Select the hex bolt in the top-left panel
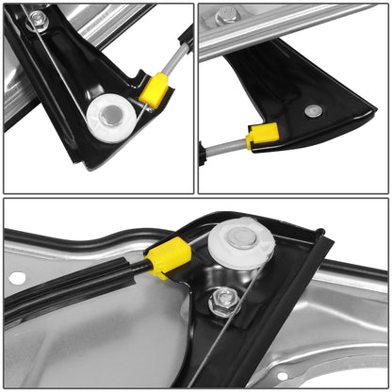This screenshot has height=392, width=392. [37, 19]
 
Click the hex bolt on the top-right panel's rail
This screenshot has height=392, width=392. [227, 15]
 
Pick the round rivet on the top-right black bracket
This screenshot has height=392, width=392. [314, 111]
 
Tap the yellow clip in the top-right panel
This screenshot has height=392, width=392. [261, 138]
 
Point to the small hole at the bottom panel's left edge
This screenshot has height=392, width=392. [17, 279]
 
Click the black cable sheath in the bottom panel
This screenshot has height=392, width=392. [75, 288]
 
